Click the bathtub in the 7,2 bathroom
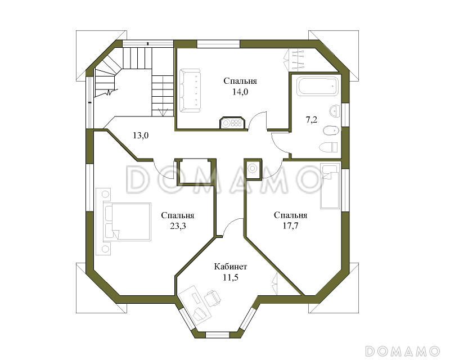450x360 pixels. [318, 85]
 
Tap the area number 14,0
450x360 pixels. [240, 92]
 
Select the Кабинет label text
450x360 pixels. [231, 267]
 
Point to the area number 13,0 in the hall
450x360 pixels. [140, 135]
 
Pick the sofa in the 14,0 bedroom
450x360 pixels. [190, 91]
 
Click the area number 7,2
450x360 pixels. [312, 119]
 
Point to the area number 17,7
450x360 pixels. [290, 226]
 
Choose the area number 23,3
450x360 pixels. [178, 226]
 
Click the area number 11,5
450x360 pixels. [231, 277]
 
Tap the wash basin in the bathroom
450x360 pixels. [334, 111]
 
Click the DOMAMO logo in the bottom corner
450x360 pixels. [403, 351]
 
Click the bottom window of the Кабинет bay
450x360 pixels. [218, 335]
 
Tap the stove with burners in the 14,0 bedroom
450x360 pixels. [232, 123]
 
